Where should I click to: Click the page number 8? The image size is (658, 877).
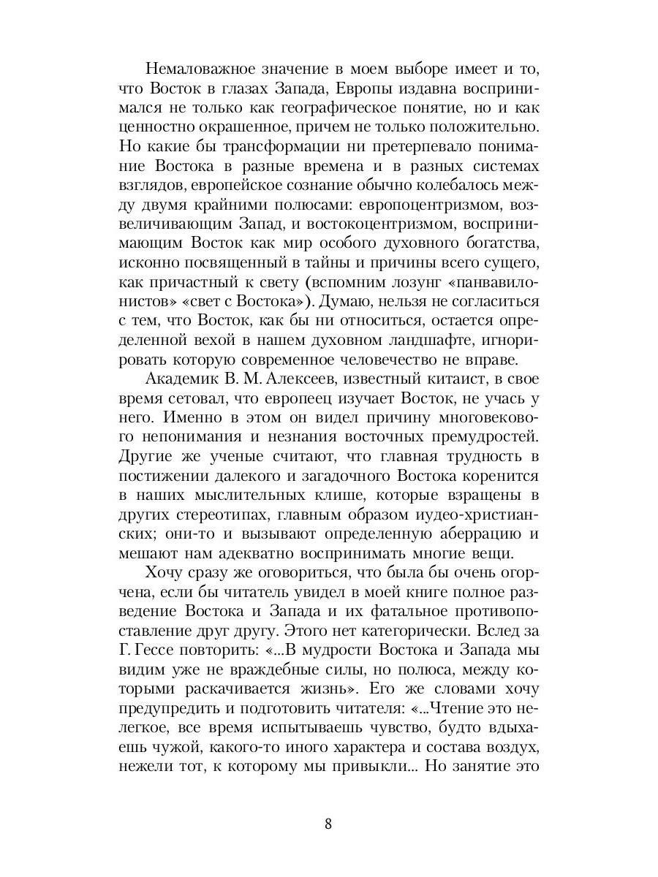[328, 824]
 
